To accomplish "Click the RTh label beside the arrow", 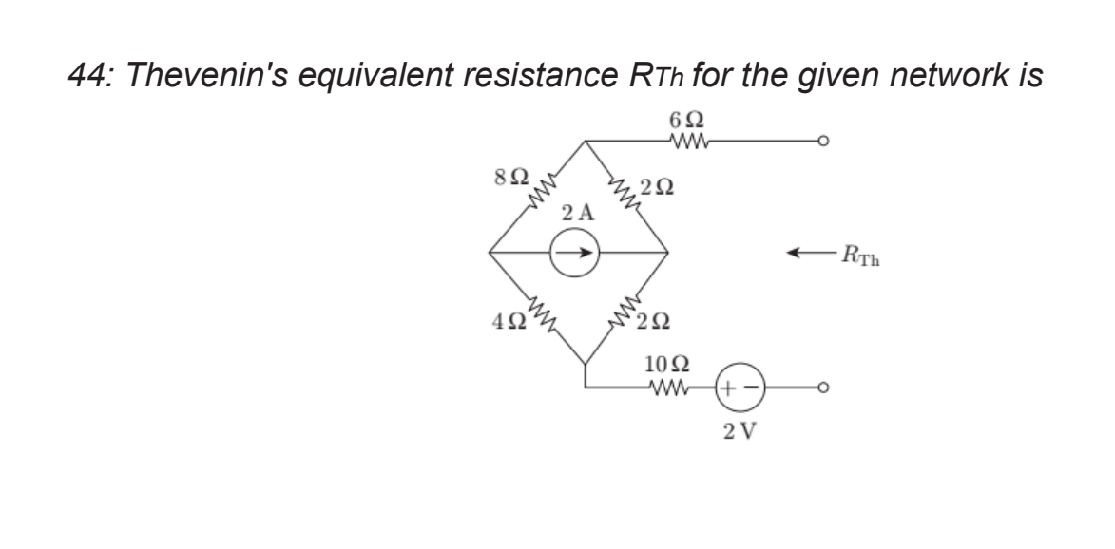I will click(x=860, y=254).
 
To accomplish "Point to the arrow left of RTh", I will click(x=809, y=253).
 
